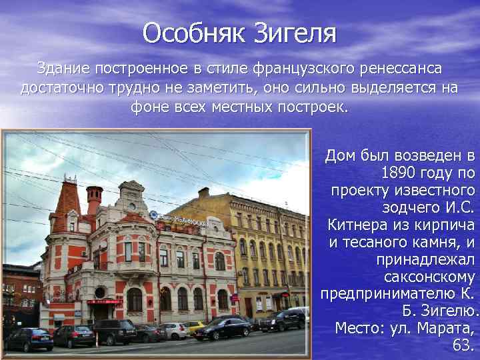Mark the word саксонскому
point(434,276)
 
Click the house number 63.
point(461,345)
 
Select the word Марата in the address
point(441,328)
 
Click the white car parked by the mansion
point(175,330)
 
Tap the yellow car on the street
point(195,327)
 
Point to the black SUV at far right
point(283,321)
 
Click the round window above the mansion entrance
point(100,292)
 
